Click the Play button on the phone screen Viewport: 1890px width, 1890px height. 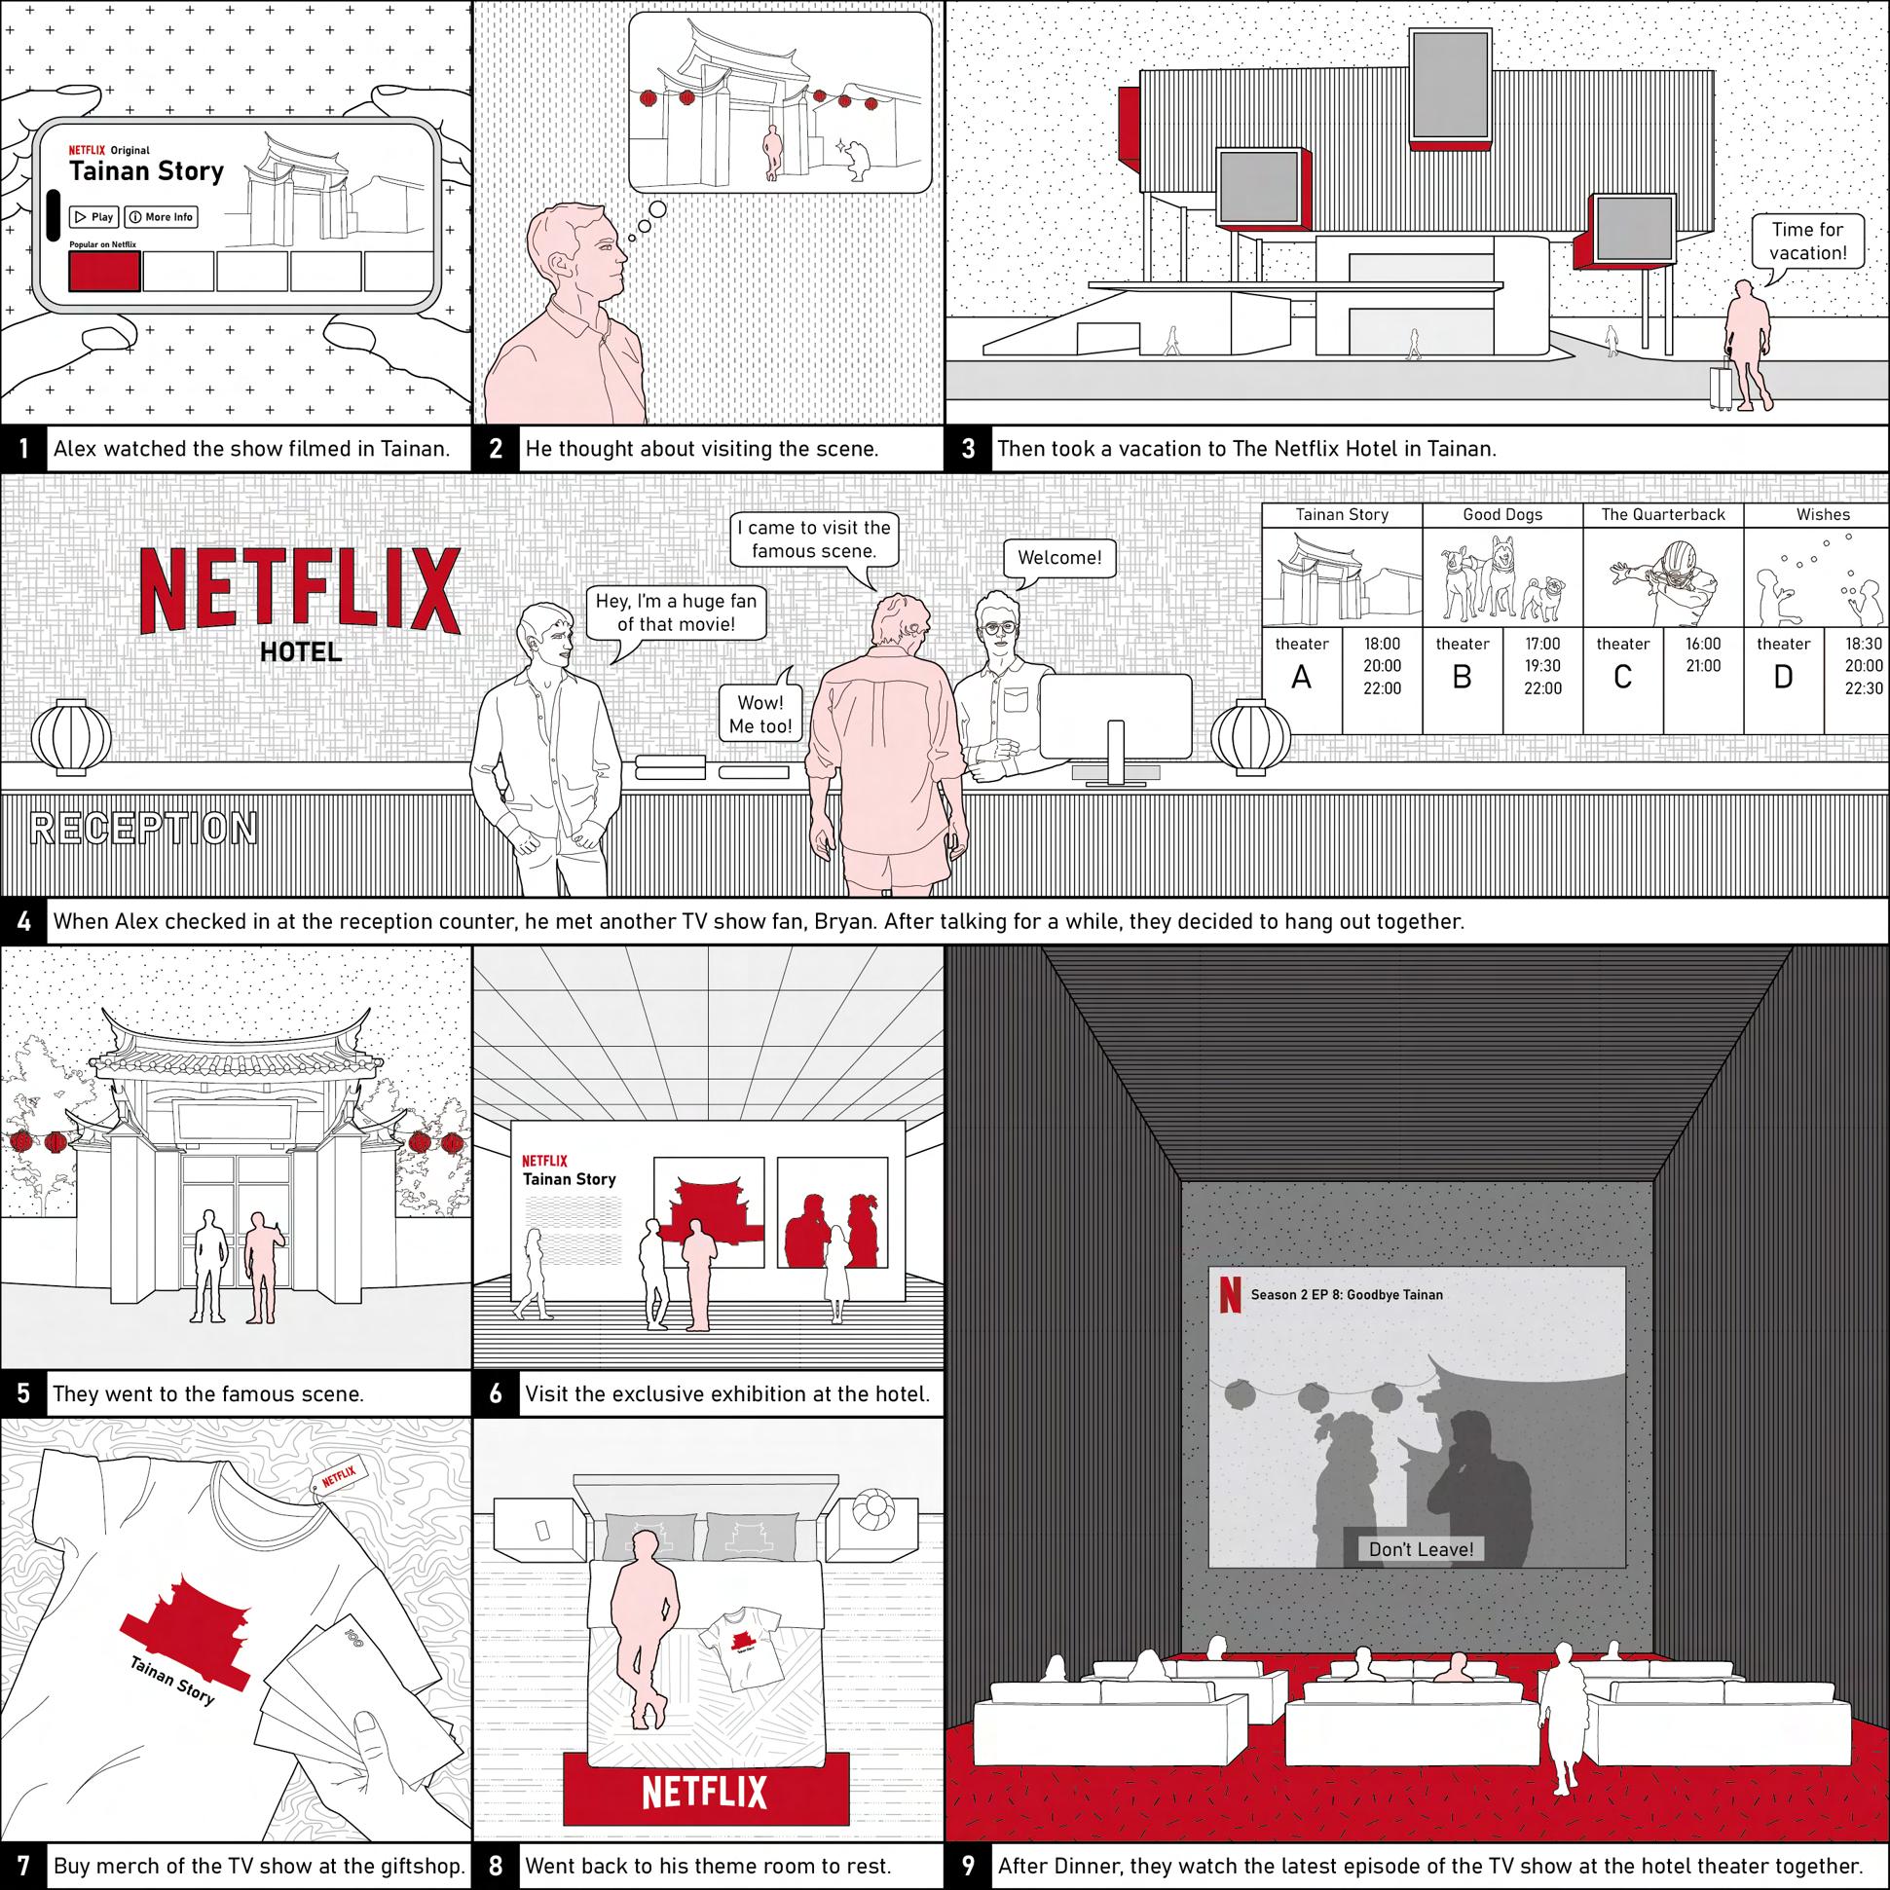tap(93, 217)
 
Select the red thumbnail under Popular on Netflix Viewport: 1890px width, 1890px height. tap(104, 271)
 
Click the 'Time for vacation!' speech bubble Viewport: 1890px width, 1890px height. tap(1807, 241)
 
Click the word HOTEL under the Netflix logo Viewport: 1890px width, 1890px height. tap(300, 651)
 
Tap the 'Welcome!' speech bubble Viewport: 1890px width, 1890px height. tap(1059, 559)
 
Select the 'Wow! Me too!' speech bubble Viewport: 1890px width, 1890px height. tap(760, 713)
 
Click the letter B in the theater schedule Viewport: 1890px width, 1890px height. tap(1462, 677)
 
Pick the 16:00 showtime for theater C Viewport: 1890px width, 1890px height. tap(1703, 644)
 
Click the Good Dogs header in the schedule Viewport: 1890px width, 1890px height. tap(1502, 514)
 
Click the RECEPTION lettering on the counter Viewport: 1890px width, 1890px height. tap(145, 829)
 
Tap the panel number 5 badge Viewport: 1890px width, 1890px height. tap(23, 1393)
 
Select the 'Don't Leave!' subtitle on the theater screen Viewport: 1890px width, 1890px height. tap(1421, 1548)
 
